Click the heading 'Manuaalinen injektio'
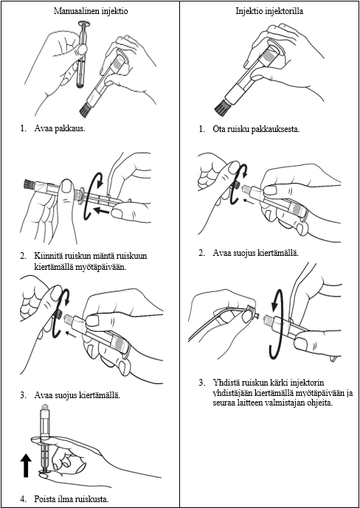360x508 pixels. pos(91,11)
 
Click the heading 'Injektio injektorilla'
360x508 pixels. pos(269,11)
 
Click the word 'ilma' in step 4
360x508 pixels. pos(72,499)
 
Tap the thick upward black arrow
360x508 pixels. pos(27,465)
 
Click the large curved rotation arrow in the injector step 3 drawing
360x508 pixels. pos(277,327)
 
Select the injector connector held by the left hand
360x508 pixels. pos(251,310)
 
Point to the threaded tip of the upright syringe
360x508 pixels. pos(44,406)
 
